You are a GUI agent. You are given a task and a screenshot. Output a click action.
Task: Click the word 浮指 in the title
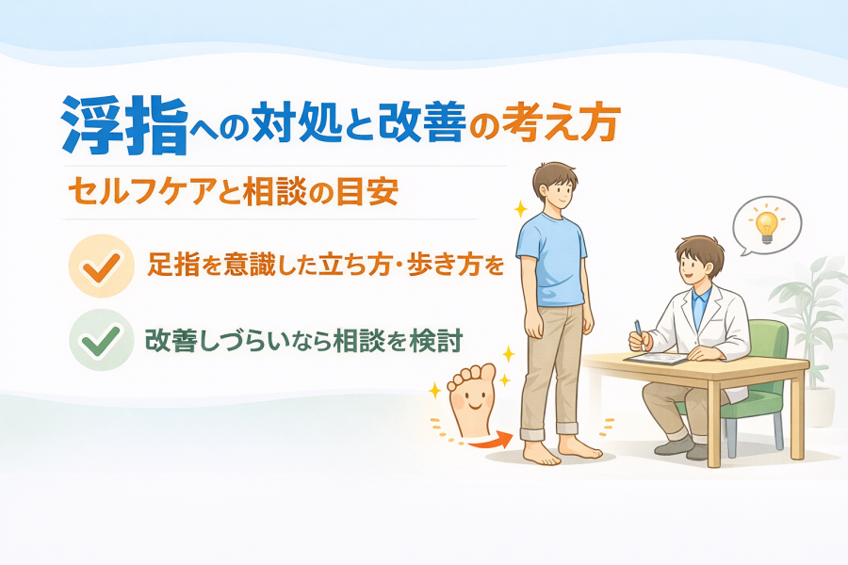click(125, 125)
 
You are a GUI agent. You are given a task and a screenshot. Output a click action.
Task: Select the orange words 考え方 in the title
click(559, 122)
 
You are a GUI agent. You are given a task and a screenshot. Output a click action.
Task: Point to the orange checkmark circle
click(101, 266)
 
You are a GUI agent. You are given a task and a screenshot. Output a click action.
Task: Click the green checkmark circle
click(101, 340)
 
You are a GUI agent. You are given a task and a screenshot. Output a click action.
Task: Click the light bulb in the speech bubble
click(766, 225)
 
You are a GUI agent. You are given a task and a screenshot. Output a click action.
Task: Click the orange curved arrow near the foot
click(489, 441)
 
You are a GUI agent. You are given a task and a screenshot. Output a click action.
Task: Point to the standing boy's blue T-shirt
click(551, 261)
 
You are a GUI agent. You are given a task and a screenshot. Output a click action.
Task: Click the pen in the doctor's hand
click(639, 333)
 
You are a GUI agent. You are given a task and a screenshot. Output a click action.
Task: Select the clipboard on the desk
click(656, 358)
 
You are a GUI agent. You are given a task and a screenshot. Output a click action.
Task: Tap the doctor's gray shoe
click(674, 445)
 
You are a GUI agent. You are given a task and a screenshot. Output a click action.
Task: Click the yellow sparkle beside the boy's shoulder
click(520, 209)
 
